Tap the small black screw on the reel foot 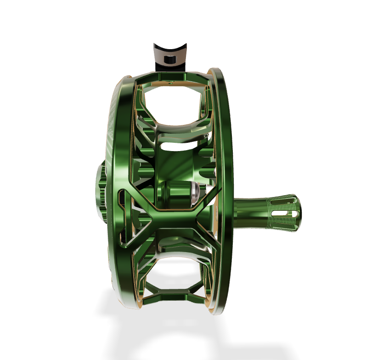pyautogui.click(x=169, y=59)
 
